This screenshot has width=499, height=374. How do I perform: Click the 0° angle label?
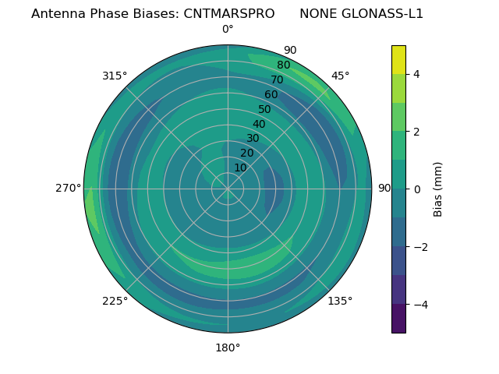tap(228, 30)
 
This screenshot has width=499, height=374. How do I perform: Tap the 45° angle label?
tap(340, 76)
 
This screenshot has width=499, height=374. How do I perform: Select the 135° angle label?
tap(340, 301)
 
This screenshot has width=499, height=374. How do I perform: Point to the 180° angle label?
tap(228, 348)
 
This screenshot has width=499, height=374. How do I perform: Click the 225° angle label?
tap(115, 301)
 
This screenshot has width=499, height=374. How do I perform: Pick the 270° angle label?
tap(68, 188)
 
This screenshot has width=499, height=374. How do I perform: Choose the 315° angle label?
tap(115, 76)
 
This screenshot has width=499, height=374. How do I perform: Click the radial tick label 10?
tap(240, 168)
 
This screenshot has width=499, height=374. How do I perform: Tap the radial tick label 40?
tap(259, 124)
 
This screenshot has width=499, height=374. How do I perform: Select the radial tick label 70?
tap(277, 79)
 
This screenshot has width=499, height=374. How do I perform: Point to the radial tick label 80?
tap(283, 65)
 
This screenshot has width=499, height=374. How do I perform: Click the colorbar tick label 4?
tap(416, 74)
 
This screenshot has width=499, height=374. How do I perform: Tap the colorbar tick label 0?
tap(416, 189)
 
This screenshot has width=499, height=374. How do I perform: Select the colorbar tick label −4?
tap(419, 304)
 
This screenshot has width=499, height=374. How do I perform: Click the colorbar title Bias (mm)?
tap(438, 189)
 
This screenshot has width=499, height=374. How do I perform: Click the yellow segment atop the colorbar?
tap(398, 59)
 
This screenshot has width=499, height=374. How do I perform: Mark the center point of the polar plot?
tap(228, 189)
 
